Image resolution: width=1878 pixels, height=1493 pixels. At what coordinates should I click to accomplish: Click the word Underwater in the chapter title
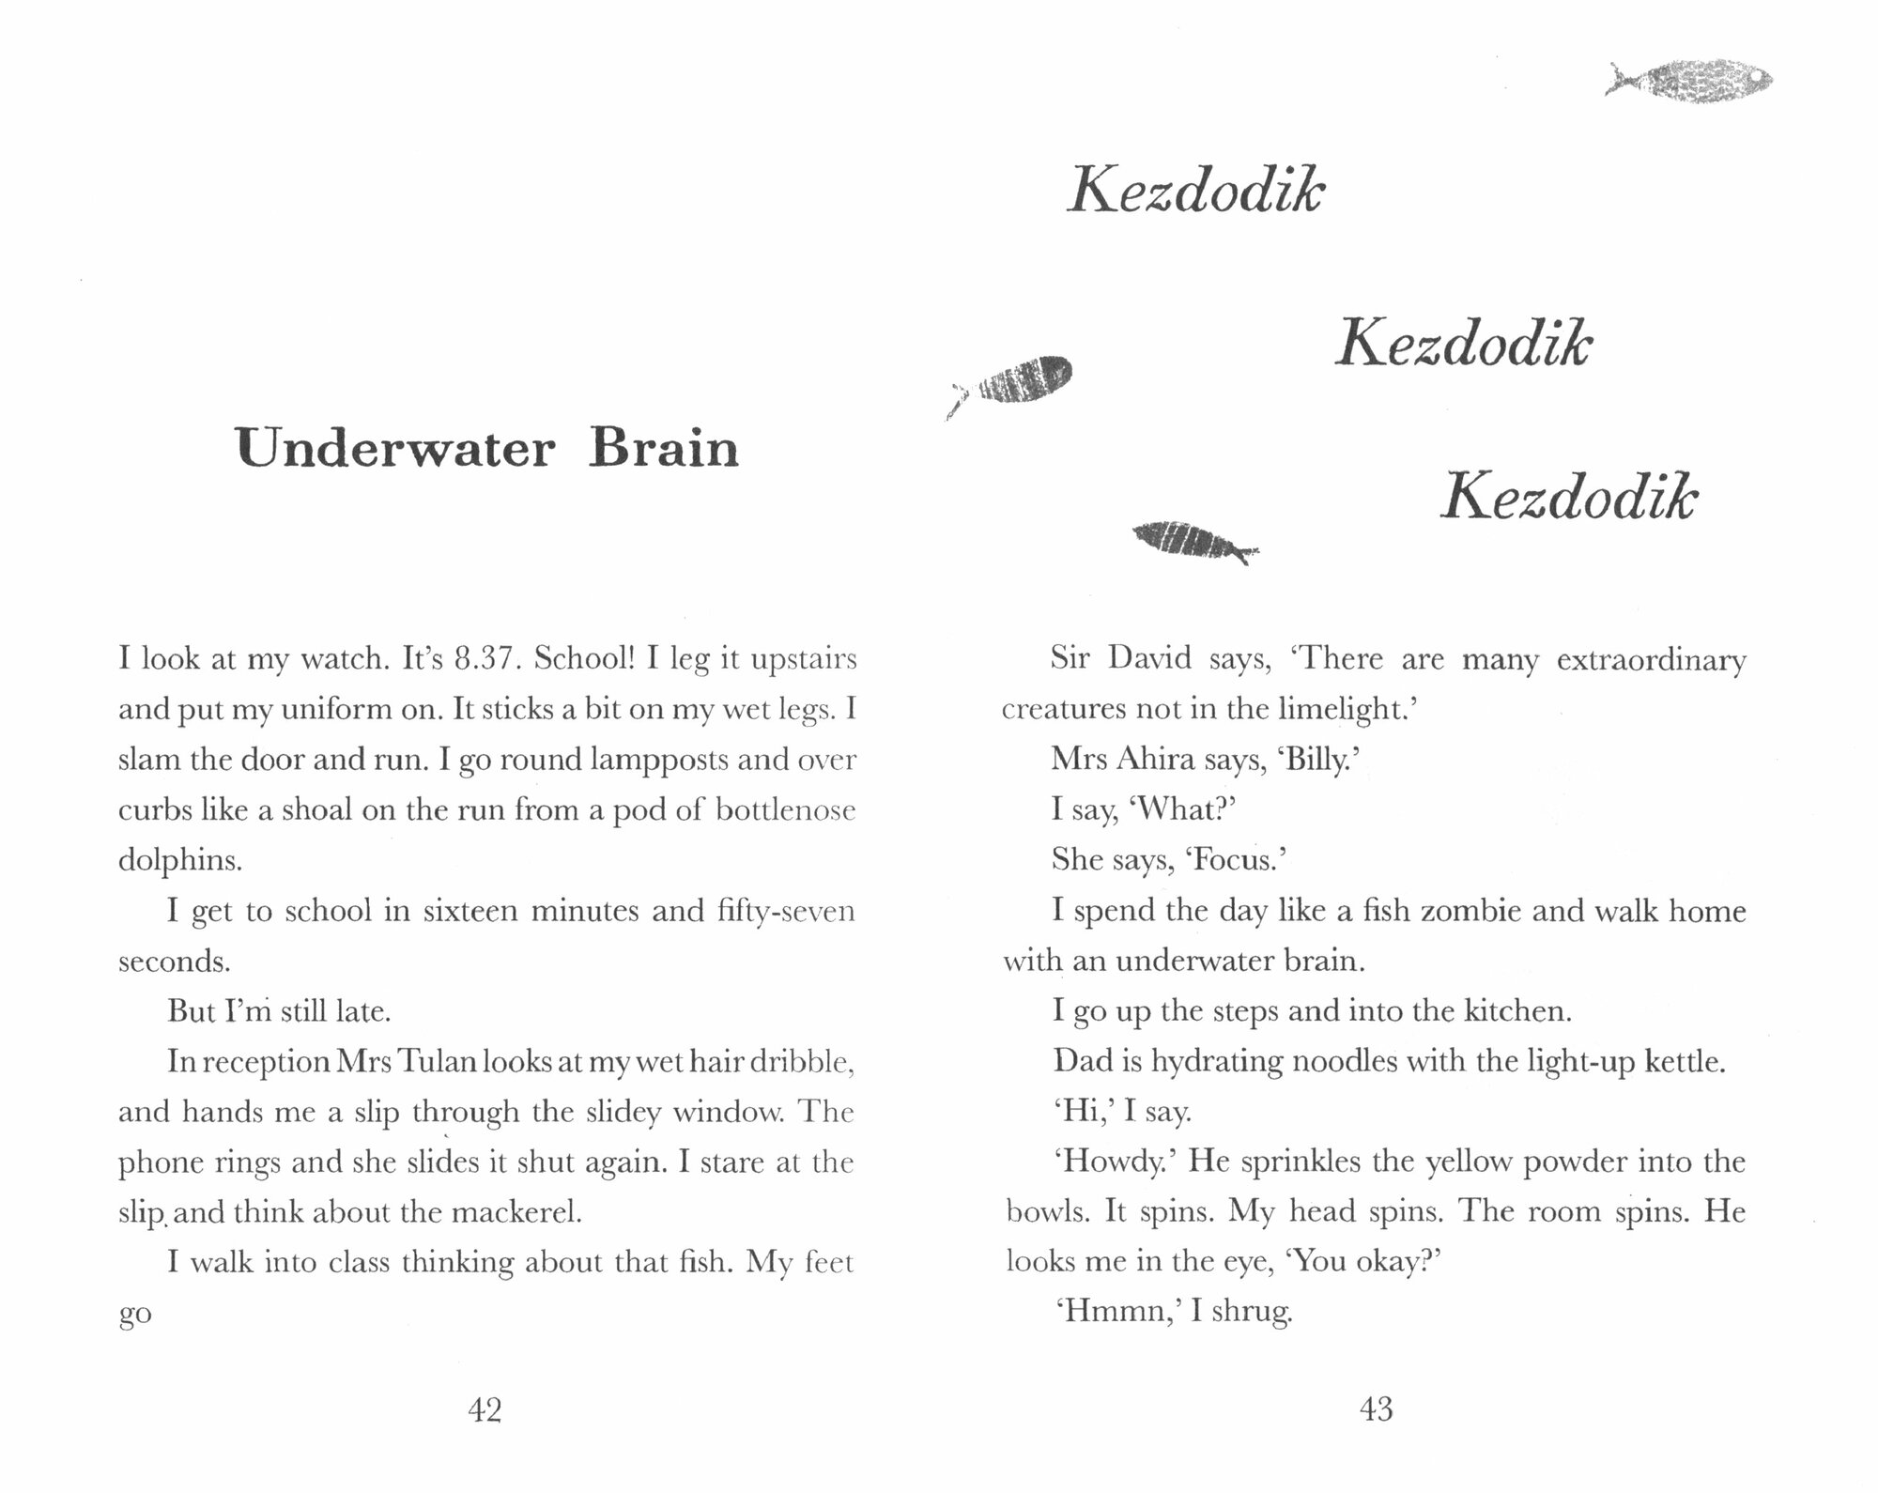coord(394,448)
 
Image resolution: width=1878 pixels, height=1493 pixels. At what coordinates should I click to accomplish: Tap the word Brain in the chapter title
coord(664,448)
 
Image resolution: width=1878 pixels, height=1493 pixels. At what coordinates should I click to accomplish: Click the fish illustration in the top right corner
coord(1689,81)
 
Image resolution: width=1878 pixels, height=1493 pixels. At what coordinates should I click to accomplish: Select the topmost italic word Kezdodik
coord(1195,191)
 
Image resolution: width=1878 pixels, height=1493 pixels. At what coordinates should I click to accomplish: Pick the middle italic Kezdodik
coord(1463,344)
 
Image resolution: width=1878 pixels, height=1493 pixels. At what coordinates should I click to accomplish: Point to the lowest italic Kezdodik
coord(1569,497)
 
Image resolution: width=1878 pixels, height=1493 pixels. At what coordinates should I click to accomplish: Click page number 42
coord(485,1409)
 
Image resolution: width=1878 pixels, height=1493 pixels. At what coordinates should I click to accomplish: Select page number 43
coord(1376,1408)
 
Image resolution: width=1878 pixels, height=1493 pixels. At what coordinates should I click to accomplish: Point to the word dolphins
coord(179,860)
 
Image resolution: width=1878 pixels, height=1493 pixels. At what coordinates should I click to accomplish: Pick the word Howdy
coord(1116,1162)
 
